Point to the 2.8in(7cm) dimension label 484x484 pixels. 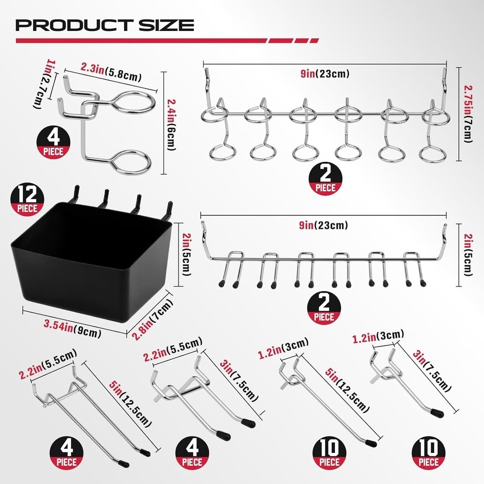coord(151,315)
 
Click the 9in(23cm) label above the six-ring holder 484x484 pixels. coord(324,74)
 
